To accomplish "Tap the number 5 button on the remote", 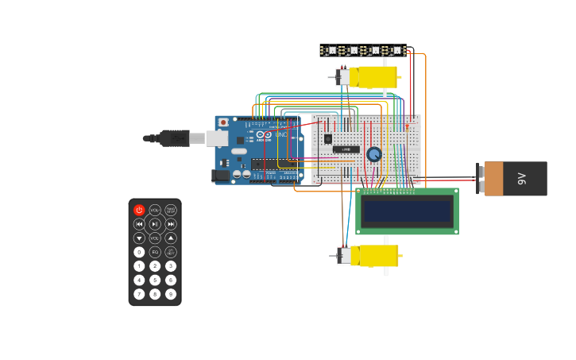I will pyautogui.click(x=155, y=280).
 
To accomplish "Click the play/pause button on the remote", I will pyautogui.click(x=155, y=224).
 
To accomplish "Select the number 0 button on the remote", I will pyautogui.click(x=139, y=252).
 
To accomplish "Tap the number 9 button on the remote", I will pyautogui.click(x=171, y=294).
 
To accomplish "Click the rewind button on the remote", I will pyautogui.click(x=139, y=224).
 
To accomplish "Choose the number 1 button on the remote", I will pyautogui.click(x=139, y=266).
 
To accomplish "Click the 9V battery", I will pyautogui.click(x=515, y=179).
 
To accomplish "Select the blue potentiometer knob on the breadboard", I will pyautogui.click(x=374, y=154).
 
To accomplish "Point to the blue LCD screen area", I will pyautogui.click(x=407, y=211).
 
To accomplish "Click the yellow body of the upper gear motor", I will pyautogui.click(x=373, y=77).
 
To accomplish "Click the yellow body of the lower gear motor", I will pyautogui.click(x=375, y=255).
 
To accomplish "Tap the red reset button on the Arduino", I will pyautogui.click(x=223, y=122).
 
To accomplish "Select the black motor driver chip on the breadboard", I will pyautogui.click(x=346, y=149).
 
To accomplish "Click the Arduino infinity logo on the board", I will pyautogui.click(x=264, y=135).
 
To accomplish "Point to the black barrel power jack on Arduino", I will pyautogui.click(x=221, y=176).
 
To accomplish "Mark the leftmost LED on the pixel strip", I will pyautogui.click(x=331, y=50).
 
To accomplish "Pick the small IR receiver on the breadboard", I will pyautogui.click(x=327, y=139).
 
